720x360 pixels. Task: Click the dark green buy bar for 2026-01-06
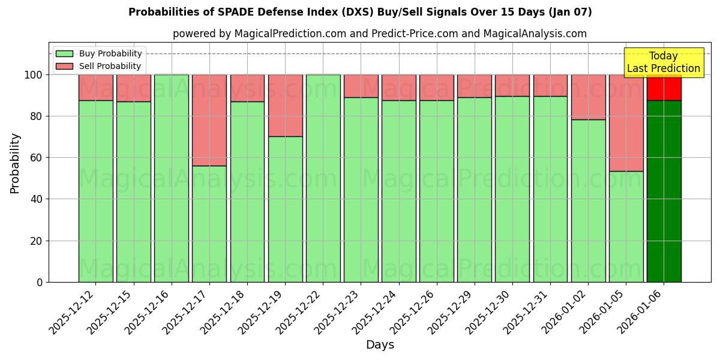coord(664,192)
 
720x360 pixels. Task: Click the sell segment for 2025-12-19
coord(285,106)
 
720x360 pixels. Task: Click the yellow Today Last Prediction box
coord(663,62)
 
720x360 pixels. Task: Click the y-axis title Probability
coord(15,163)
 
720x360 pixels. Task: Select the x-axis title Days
coord(380,345)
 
